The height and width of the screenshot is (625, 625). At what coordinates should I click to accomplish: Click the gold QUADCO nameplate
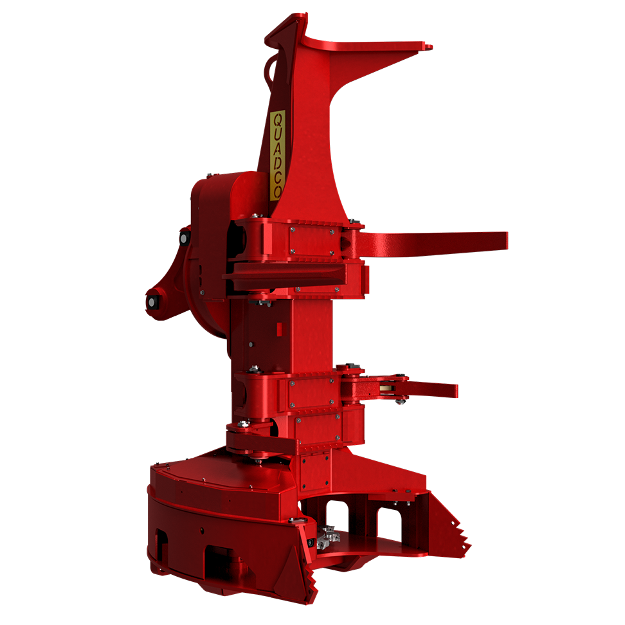278,155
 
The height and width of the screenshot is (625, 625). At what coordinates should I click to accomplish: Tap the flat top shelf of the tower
367,46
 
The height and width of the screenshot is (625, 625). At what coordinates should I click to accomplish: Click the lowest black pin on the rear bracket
153,302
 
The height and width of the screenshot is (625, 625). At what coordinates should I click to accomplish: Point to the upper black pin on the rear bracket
184,239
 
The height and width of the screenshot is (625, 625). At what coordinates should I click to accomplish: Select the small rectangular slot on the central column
280,329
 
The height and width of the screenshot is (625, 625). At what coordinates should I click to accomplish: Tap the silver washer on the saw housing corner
296,520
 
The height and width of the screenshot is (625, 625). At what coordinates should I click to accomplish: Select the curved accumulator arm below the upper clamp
283,273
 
